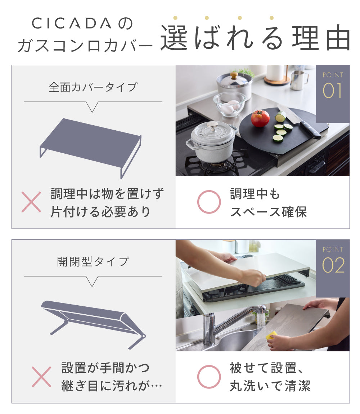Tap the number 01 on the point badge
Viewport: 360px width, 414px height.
332,91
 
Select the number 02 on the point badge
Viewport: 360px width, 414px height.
333,265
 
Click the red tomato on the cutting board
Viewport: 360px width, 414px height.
260,118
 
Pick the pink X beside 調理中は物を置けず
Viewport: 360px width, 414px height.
31,202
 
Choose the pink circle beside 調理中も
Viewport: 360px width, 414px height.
209,202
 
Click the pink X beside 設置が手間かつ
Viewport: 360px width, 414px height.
41,377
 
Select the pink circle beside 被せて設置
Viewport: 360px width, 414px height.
209,377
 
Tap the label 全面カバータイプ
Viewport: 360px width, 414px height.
93,87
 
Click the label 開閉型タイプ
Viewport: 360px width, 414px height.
93,262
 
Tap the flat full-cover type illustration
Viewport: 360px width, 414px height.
91,148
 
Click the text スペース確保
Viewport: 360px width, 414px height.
268,212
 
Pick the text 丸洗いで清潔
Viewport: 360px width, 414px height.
270,386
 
